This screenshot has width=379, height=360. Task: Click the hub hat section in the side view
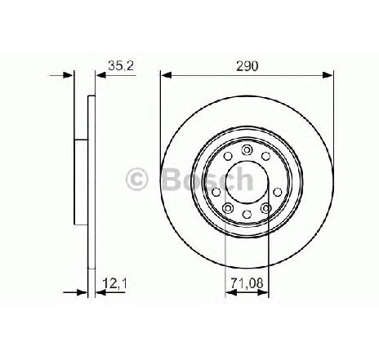pos(80,180)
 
